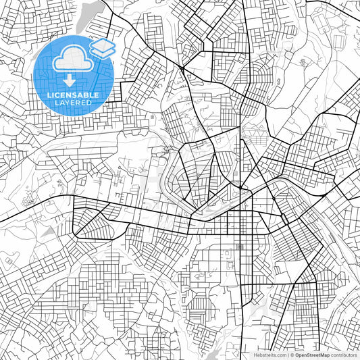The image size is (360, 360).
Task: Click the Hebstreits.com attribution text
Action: click(x=270, y=354)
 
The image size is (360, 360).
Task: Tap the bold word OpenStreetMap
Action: click(x=312, y=354)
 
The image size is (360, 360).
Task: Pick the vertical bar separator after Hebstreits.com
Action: click(x=286, y=354)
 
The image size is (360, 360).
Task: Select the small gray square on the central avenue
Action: click(x=240, y=247)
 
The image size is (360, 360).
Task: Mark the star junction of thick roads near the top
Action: click(x=182, y=68)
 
